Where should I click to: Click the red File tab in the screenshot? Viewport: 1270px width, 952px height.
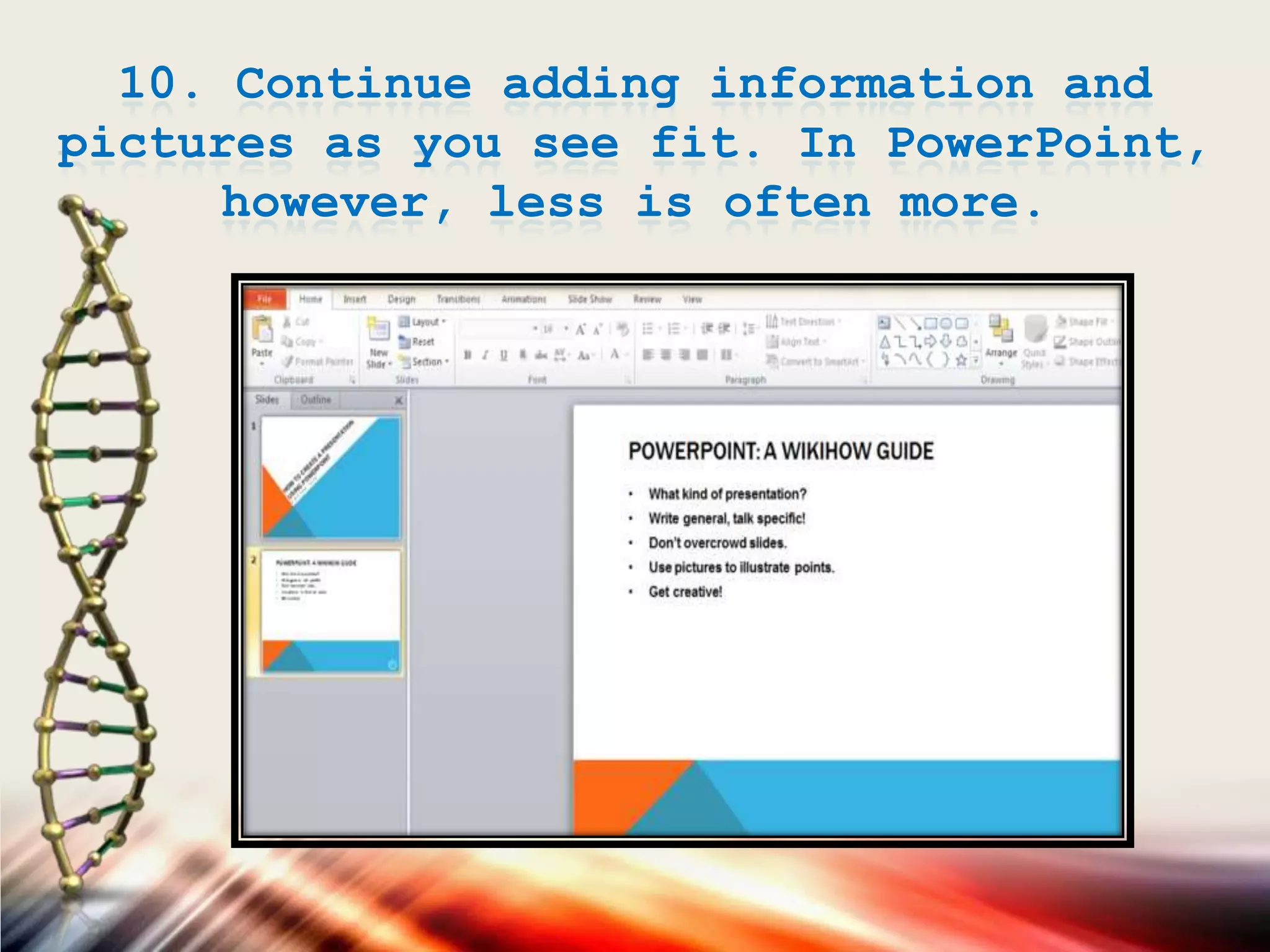click(265, 299)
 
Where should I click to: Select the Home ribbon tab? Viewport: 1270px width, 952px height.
click(311, 299)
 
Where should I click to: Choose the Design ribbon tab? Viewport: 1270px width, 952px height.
click(401, 299)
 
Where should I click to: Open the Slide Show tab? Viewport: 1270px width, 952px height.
click(590, 299)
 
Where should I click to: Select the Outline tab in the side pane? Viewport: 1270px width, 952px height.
click(316, 400)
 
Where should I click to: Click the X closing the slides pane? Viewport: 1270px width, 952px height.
click(399, 401)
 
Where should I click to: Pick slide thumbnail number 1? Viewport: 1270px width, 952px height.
click(331, 477)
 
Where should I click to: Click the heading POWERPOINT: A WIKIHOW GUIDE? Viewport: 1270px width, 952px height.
click(781, 451)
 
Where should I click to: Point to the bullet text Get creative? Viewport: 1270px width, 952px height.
click(685, 592)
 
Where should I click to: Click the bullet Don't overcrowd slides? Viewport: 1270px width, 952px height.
click(717, 543)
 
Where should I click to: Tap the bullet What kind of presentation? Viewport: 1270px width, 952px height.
click(727, 494)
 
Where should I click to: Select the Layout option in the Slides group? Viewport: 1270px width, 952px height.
click(425, 322)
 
